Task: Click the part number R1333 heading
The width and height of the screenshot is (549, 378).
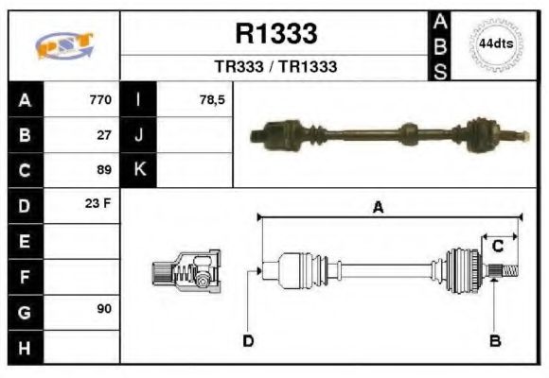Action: point(275,35)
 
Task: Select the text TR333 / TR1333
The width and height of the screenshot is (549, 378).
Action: point(275,67)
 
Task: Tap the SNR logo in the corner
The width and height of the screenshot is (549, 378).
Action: point(64,45)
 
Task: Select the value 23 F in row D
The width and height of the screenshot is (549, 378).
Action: point(100,204)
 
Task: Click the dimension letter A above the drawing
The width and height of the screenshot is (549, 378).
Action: point(378,209)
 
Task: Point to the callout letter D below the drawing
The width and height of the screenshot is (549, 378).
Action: point(248,340)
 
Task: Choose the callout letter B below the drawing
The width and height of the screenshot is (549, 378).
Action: point(494,340)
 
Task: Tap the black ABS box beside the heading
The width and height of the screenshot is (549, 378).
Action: point(440,45)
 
